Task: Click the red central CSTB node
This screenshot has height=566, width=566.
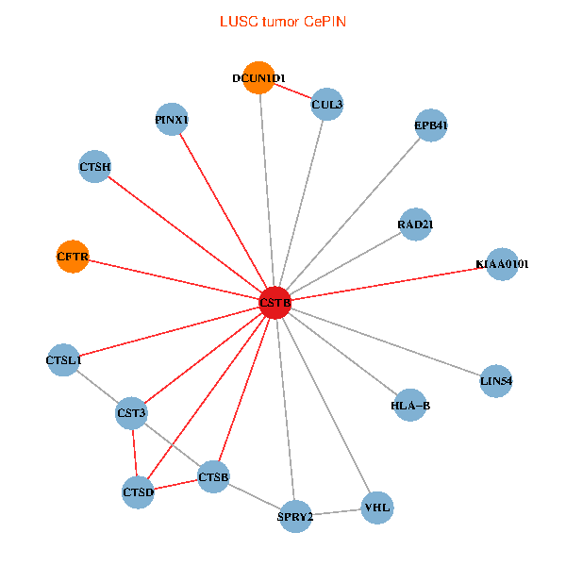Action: pyautogui.click(x=275, y=303)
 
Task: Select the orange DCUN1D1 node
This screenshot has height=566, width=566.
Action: pyautogui.click(x=258, y=78)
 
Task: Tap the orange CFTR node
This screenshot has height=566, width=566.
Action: pyautogui.click(x=73, y=256)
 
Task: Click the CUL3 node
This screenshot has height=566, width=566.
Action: pyautogui.click(x=326, y=104)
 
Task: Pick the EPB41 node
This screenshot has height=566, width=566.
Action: pyautogui.click(x=430, y=125)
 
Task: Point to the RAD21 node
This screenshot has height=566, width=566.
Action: pyautogui.click(x=415, y=225)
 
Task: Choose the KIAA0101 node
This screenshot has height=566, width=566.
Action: pyautogui.click(x=502, y=265)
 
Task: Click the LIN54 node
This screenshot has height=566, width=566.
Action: pyautogui.click(x=496, y=381)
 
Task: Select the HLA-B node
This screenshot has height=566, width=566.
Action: pyautogui.click(x=410, y=406)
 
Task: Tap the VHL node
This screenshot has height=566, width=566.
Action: pyautogui.click(x=376, y=508)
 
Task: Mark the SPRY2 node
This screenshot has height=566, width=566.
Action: pyautogui.click(x=295, y=516)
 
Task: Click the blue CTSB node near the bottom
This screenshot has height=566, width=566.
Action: pyautogui.click(x=214, y=477)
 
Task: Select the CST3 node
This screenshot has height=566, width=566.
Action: pyautogui.click(x=131, y=412)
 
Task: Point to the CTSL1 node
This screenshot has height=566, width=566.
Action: pyautogui.click(x=64, y=359)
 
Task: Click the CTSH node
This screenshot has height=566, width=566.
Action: pyautogui.click(x=95, y=167)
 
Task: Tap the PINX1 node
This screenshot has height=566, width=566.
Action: pyautogui.click(x=172, y=120)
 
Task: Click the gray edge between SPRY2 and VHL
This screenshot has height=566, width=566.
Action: pyautogui.click(x=336, y=512)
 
